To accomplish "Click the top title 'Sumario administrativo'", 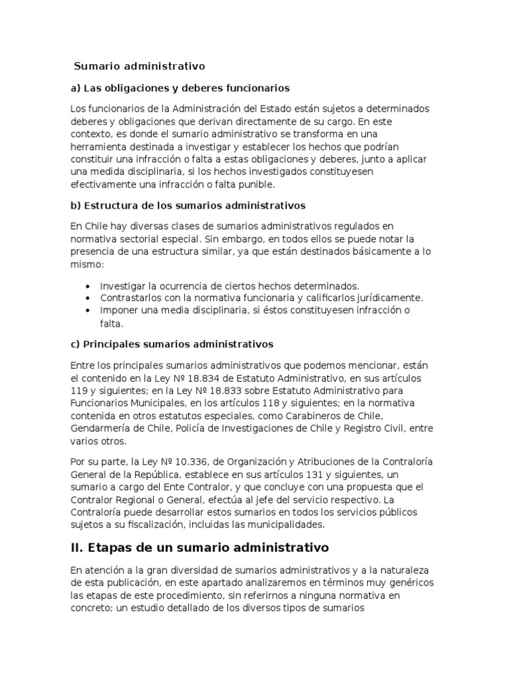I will [139, 66].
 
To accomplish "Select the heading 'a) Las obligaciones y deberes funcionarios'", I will [180, 88].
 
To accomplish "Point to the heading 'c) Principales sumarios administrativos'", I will [172, 344].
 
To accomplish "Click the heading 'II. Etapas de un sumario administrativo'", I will [199, 547].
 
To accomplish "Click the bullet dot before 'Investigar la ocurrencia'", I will [88, 287].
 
